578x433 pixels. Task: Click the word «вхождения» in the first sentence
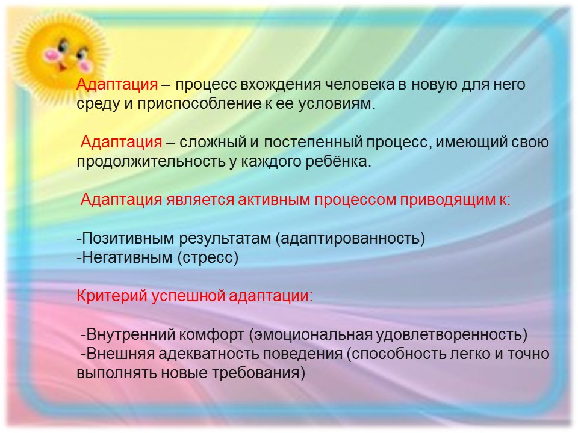pos(281,85)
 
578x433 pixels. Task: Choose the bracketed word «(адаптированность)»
pos(350,239)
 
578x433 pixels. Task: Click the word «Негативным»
pos(127,258)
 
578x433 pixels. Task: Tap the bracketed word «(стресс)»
pos(208,258)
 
